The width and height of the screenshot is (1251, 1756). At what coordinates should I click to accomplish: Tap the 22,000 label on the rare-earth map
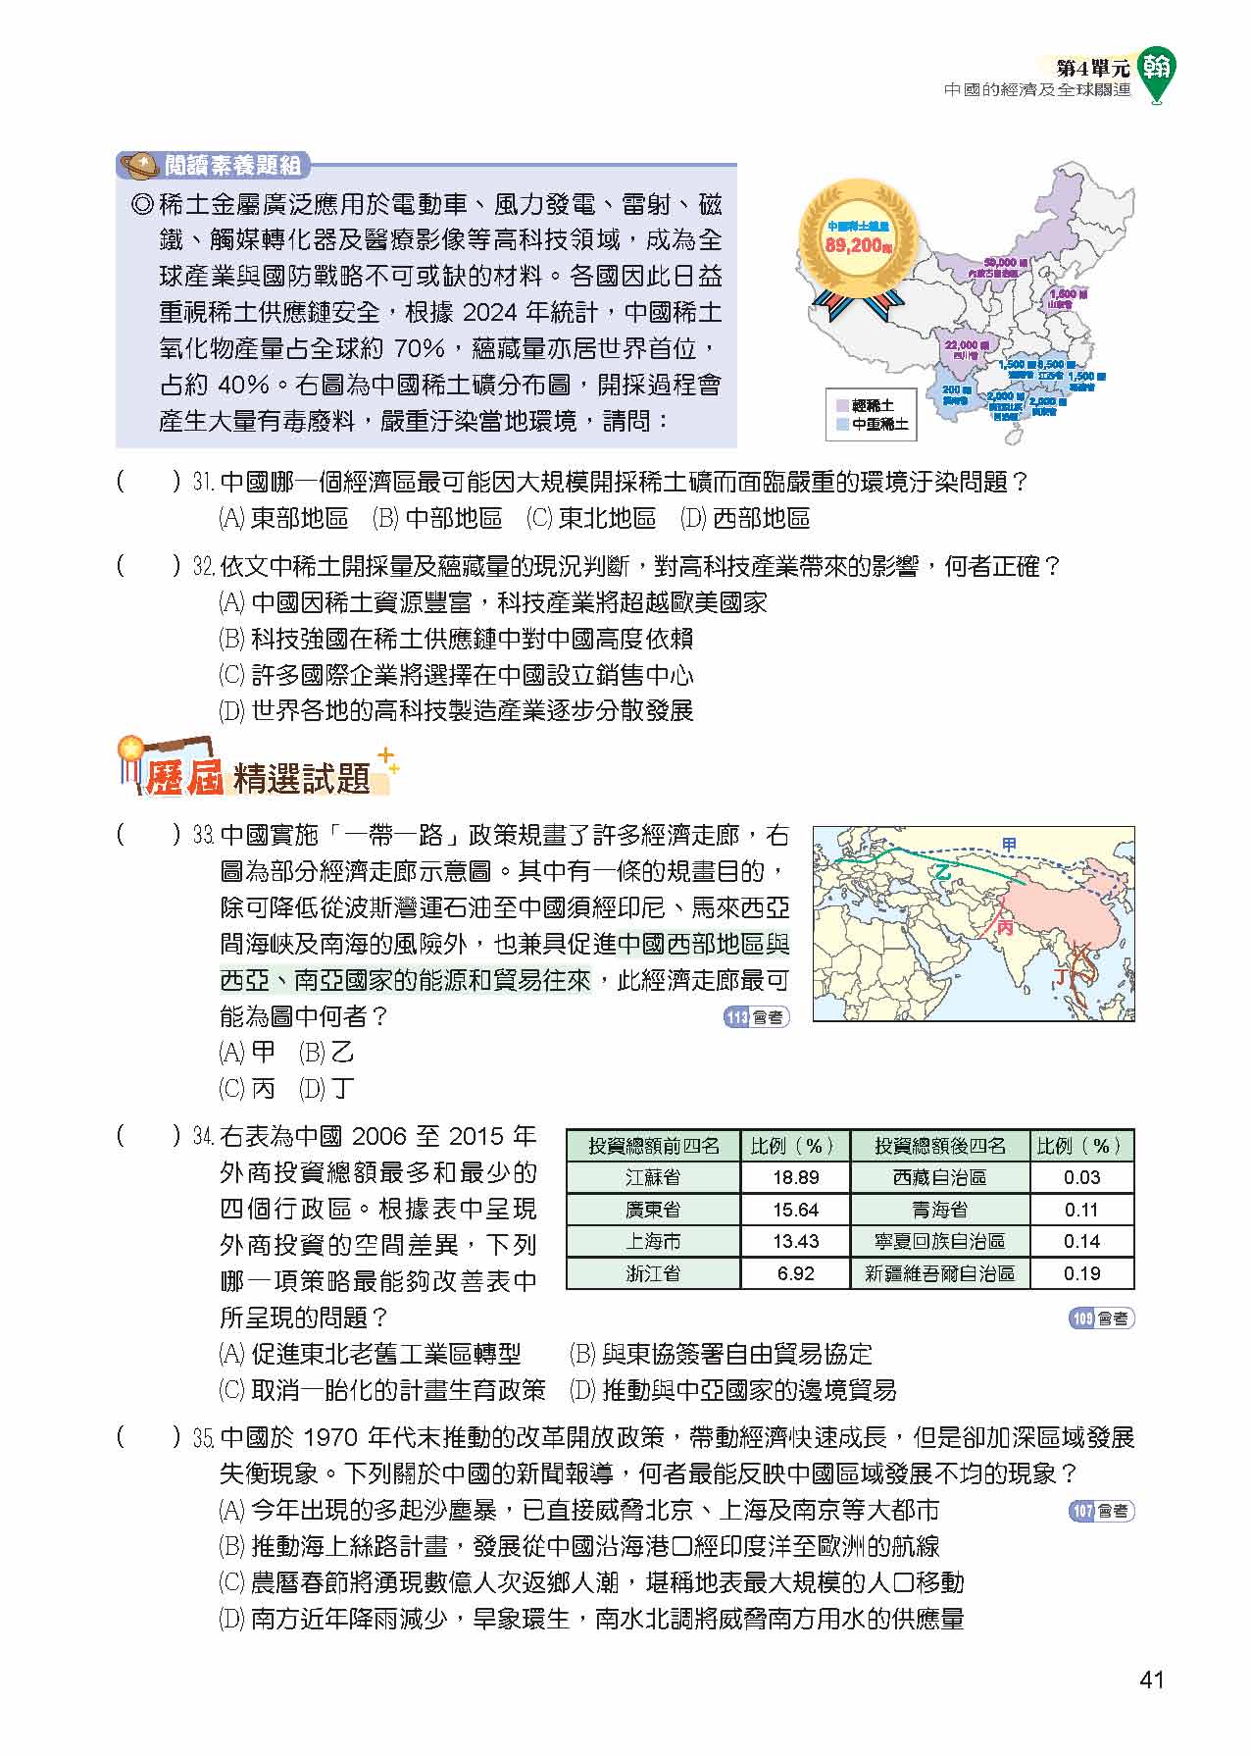point(962,346)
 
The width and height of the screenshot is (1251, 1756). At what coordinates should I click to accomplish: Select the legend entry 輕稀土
point(872,405)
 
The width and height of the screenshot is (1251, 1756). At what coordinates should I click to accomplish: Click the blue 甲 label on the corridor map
point(1010,844)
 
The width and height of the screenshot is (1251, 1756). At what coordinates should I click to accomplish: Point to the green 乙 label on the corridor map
point(943,872)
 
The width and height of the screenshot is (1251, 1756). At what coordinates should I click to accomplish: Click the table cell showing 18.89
point(795,1177)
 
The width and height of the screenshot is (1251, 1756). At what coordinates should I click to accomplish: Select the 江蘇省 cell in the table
point(653,1177)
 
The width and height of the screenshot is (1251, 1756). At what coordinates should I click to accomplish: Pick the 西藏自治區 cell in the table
point(939,1177)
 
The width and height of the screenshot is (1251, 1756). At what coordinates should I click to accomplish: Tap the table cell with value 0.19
point(1081,1273)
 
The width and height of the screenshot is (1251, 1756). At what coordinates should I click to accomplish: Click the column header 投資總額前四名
point(653,1146)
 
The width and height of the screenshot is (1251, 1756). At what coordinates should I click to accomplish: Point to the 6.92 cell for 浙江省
point(795,1273)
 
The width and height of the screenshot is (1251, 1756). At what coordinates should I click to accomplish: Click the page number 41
point(1152,1679)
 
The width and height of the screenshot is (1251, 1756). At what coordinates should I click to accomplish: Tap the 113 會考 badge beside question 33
point(756,1017)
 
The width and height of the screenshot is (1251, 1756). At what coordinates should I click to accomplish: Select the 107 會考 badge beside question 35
point(1101,1511)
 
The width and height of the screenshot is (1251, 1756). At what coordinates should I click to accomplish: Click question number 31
point(203,483)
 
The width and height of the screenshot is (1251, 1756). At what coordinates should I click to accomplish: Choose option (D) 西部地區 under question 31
point(745,518)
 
